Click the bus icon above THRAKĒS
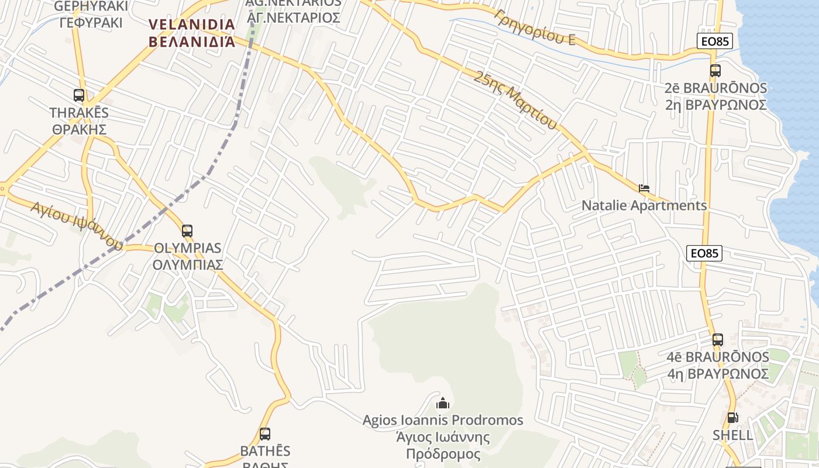tap(79, 95)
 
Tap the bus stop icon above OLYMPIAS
tap(187, 230)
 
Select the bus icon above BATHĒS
tap(265, 433)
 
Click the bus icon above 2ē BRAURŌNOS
tap(715, 71)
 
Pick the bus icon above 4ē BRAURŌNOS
tap(718, 339)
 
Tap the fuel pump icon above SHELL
tap(732, 418)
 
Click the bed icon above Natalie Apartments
tap(644, 188)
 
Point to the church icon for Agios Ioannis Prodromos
tap(443, 403)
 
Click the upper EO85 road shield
tap(715, 40)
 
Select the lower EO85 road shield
tap(704, 253)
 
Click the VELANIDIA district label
tap(192, 25)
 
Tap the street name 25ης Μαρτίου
tap(515, 99)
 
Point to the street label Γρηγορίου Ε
tap(534, 27)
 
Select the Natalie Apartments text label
tap(644, 206)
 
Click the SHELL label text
tap(732, 435)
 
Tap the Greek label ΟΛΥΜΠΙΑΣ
tap(188, 265)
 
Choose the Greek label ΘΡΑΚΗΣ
tap(79, 129)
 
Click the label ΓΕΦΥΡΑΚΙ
tap(91, 23)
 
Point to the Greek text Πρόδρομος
tap(443, 454)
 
